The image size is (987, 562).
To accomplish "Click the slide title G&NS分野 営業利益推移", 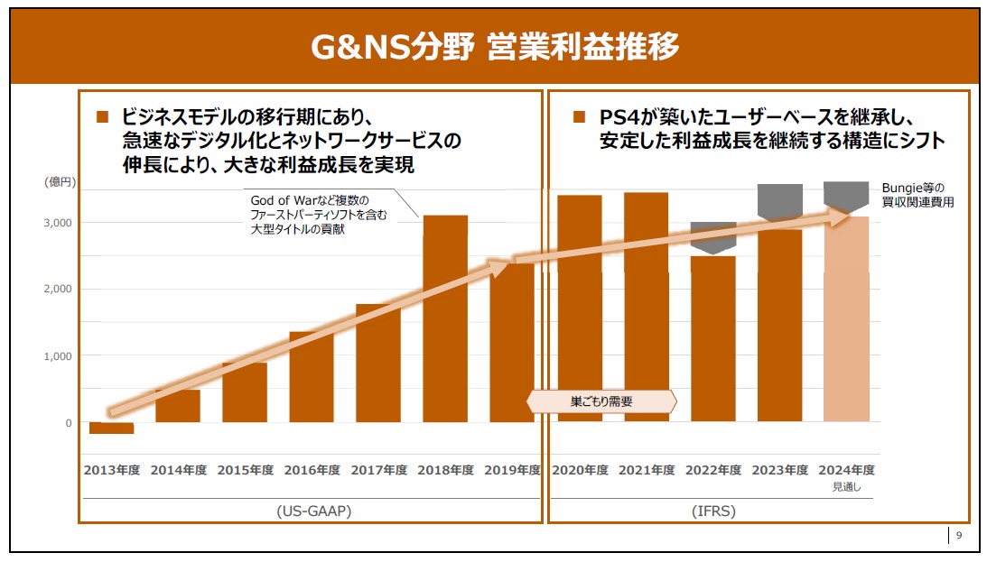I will click(494, 45).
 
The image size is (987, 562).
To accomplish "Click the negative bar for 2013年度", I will click(111, 428).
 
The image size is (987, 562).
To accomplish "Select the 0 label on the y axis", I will click(67, 423).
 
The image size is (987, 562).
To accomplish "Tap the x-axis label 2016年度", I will click(312, 470).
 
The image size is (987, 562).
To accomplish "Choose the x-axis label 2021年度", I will click(646, 470).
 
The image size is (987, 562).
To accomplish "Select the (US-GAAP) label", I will click(313, 511).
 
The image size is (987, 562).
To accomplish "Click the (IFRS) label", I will click(713, 511).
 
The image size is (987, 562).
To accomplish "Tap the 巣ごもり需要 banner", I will click(601, 401).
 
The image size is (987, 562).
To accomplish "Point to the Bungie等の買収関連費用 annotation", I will click(917, 195).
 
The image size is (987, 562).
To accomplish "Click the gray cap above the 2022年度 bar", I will click(713, 237).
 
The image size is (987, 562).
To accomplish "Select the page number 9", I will click(959, 536).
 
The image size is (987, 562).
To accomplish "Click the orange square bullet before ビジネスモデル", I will click(102, 116).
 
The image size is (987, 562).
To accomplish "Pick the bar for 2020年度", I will click(579, 307).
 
